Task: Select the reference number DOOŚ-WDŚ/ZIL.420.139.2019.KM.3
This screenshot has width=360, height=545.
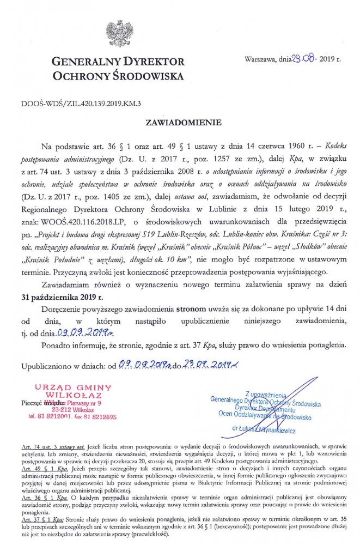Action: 73,102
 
